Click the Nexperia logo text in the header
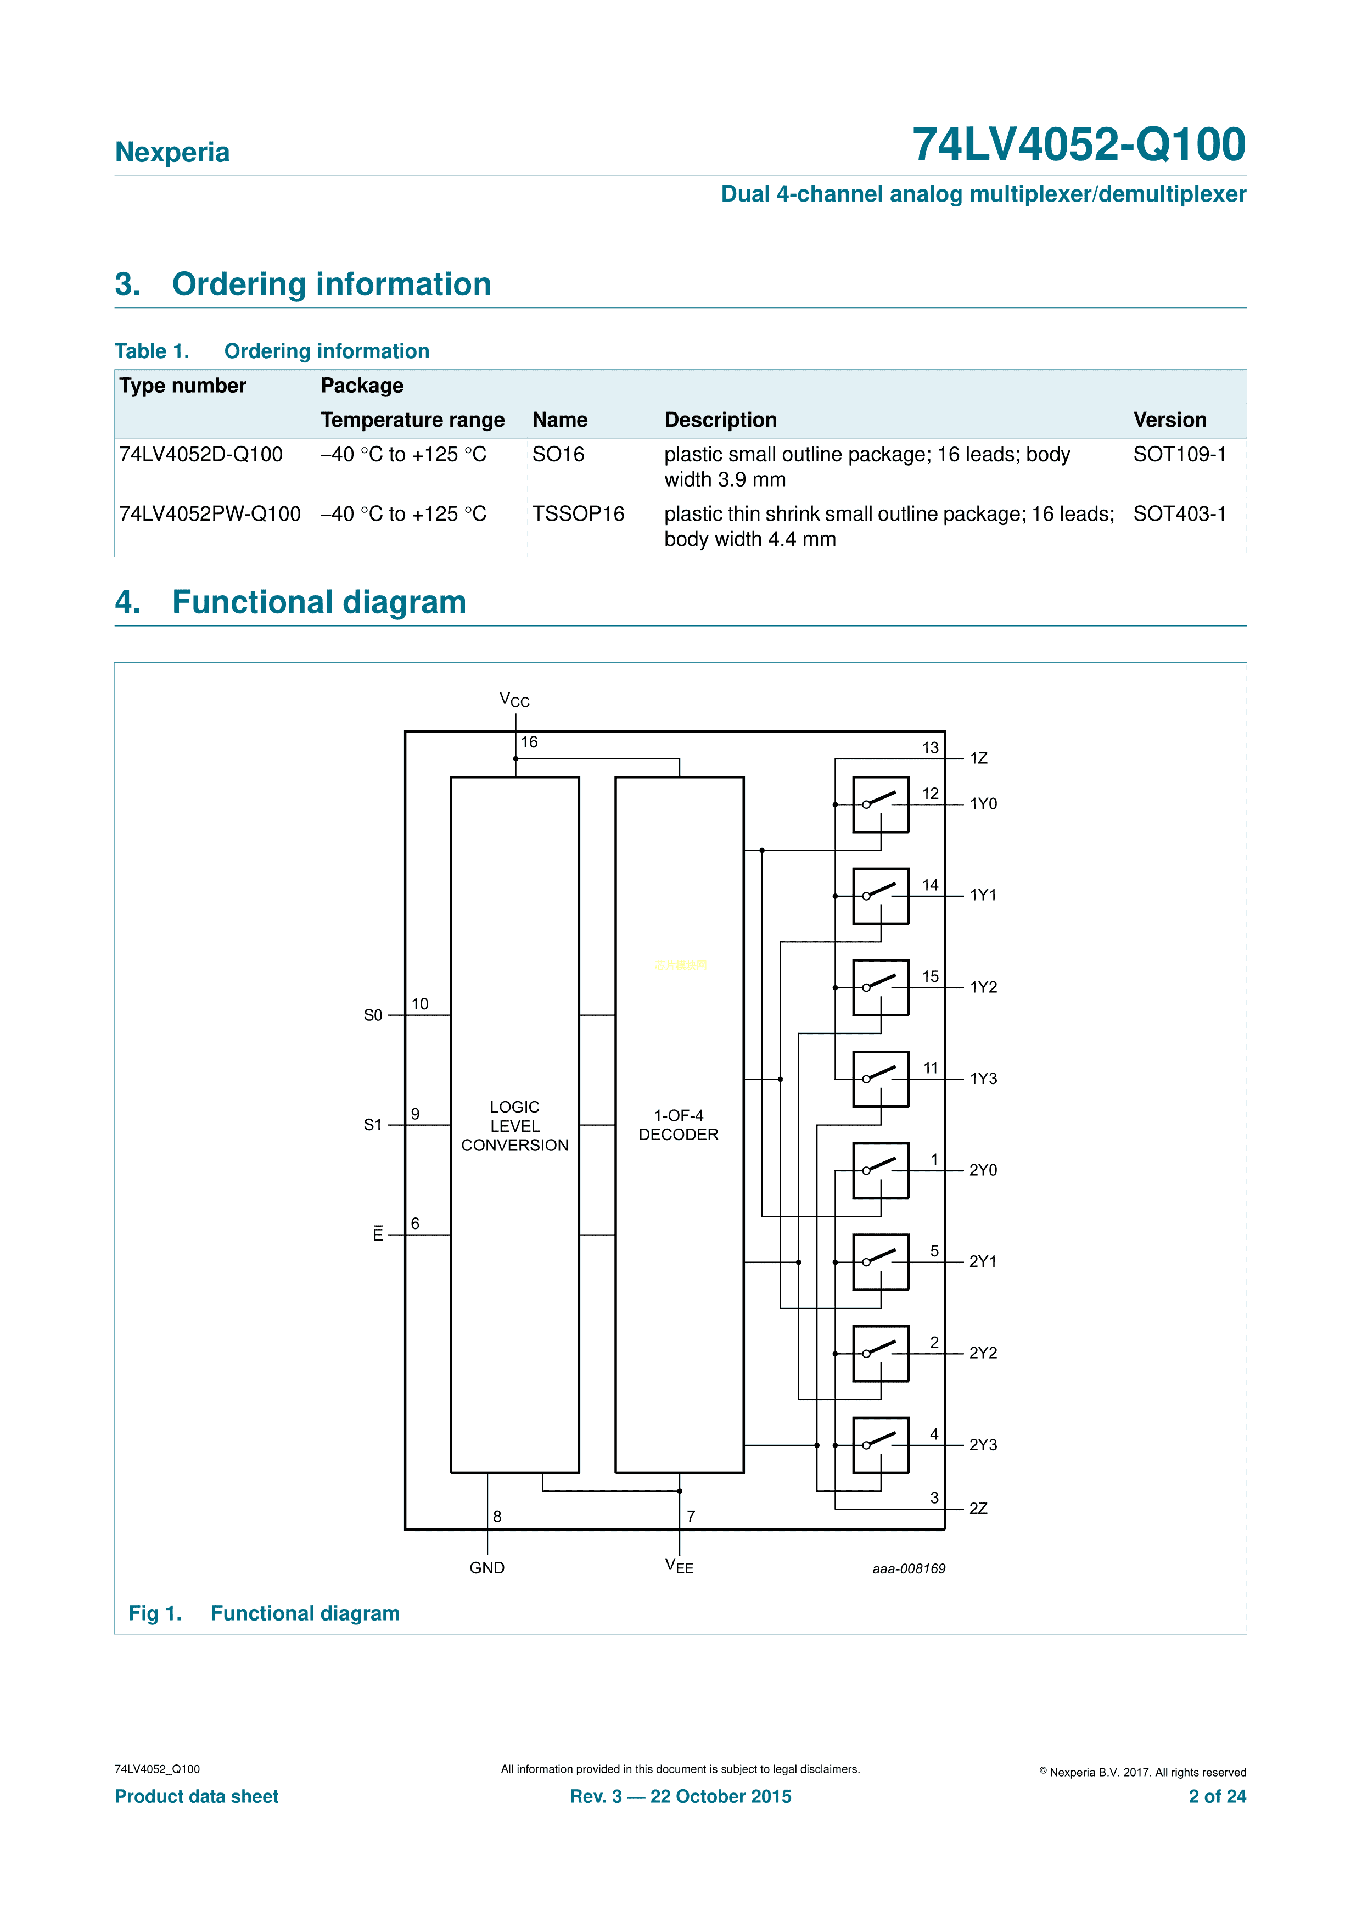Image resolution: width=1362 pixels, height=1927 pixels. (x=172, y=152)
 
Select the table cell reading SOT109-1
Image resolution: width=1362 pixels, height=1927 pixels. (x=1179, y=454)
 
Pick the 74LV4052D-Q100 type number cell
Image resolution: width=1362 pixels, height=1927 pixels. (x=200, y=454)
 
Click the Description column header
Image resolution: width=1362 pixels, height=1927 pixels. (x=720, y=420)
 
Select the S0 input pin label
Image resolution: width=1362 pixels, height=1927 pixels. (x=373, y=1015)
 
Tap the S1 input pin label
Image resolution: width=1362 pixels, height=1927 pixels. (x=373, y=1125)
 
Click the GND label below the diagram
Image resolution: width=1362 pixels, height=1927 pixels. (x=487, y=1568)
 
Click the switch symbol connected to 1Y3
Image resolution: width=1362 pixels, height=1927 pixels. (x=881, y=1079)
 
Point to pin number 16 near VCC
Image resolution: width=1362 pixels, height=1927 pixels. (x=529, y=742)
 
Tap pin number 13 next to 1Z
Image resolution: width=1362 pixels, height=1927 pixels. (x=930, y=748)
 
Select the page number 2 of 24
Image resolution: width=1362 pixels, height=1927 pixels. (x=1217, y=1796)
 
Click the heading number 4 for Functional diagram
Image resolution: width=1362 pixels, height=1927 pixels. (x=127, y=602)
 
